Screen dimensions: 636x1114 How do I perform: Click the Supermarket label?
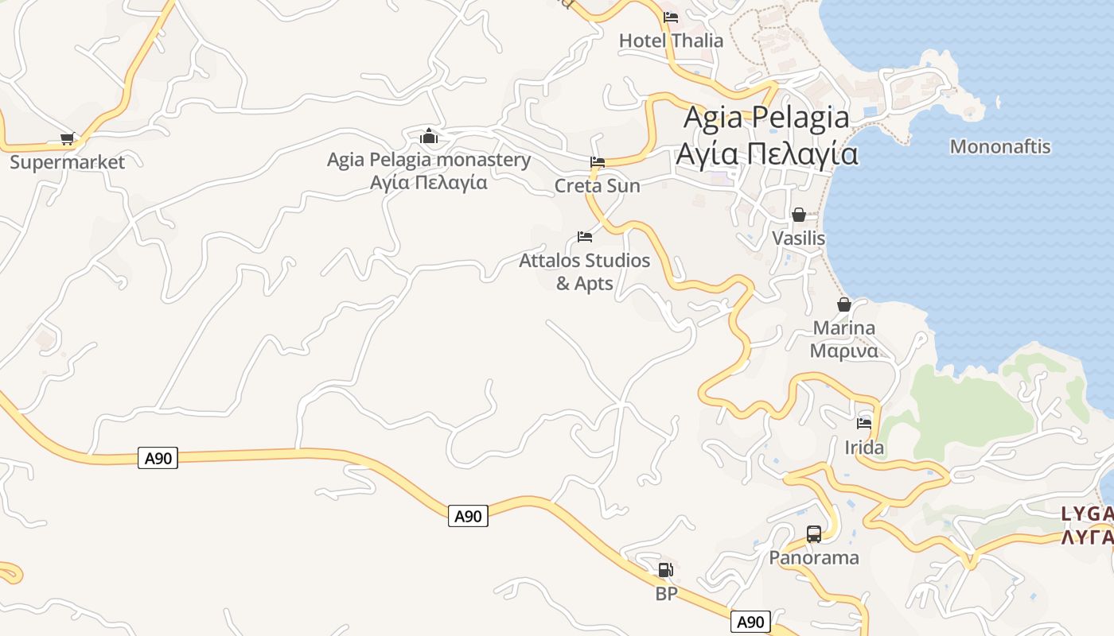point(68,162)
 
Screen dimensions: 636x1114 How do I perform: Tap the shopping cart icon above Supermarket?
point(68,139)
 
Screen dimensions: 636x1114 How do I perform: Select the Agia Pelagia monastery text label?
point(429,170)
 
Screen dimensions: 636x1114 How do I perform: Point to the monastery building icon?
point(429,136)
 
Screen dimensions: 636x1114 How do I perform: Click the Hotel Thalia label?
point(671,41)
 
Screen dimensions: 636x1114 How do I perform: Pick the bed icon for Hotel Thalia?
point(671,17)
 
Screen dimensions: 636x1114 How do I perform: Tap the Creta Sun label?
point(597,186)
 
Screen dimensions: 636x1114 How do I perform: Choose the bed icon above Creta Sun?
point(598,162)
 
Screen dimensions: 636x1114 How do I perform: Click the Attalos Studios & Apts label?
point(584,271)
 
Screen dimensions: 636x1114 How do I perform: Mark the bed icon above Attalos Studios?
point(585,237)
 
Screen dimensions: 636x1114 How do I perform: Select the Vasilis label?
point(798,238)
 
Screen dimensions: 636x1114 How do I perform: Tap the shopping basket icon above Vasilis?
point(799,215)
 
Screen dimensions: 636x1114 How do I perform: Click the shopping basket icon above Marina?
point(844,304)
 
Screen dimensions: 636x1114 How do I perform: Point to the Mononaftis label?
point(1000,147)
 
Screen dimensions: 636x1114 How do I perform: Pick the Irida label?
point(864,448)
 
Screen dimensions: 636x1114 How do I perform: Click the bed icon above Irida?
point(864,423)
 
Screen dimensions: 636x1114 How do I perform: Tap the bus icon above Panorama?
point(814,534)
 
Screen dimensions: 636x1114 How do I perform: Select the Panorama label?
point(814,557)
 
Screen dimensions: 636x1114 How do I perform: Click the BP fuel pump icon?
point(665,570)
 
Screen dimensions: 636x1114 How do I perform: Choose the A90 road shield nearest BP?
point(750,622)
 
